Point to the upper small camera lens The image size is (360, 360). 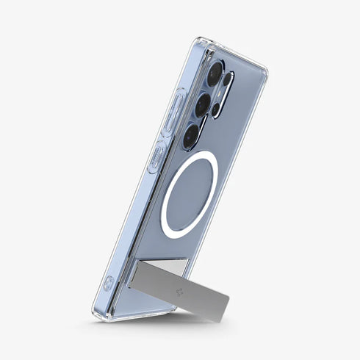click(228, 80)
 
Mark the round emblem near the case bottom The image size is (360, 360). click(109, 281)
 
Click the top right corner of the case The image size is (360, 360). click(264, 71)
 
